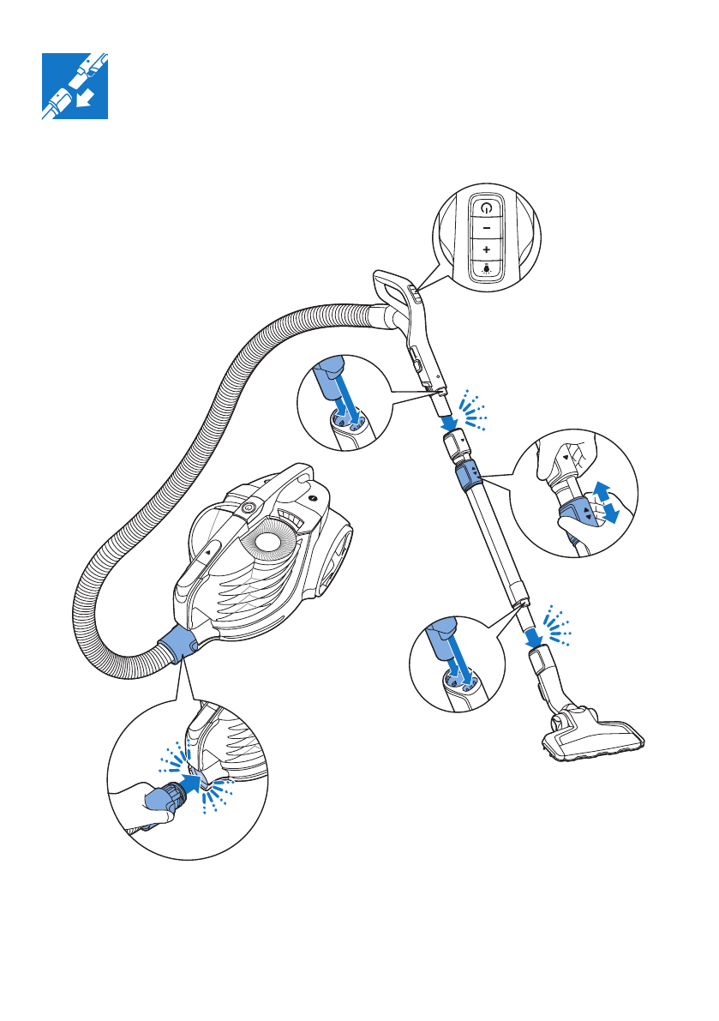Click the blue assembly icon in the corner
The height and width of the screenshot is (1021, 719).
tap(75, 86)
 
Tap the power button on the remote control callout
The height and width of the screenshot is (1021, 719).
tap(486, 207)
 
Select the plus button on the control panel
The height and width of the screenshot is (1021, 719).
tap(486, 248)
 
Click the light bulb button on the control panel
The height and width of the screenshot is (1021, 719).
tap(486, 267)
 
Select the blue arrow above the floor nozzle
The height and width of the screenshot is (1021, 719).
tap(533, 635)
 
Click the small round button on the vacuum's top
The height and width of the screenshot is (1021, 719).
tap(249, 507)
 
